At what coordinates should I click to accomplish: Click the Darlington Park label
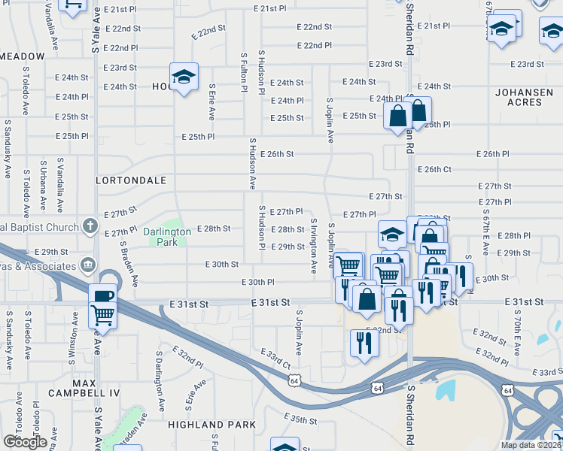(x=168, y=238)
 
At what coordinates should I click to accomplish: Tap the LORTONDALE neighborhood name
(x=130, y=181)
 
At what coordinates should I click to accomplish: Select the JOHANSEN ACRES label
(x=524, y=97)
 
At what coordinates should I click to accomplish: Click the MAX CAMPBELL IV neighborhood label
(x=84, y=388)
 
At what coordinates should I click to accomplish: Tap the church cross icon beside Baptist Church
(x=90, y=225)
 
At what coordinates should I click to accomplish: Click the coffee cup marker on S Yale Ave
(x=102, y=295)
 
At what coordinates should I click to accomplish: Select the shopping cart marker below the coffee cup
(x=102, y=316)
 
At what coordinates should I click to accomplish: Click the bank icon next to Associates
(x=89, y=265)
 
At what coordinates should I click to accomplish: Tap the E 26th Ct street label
(x=434, y=169)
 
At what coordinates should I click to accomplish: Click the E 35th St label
(x=300, y=419)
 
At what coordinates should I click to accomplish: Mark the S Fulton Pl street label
(x=244, y=73)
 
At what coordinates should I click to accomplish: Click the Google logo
(x=25, y=441)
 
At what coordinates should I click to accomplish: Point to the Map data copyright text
(x=530, y=445)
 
